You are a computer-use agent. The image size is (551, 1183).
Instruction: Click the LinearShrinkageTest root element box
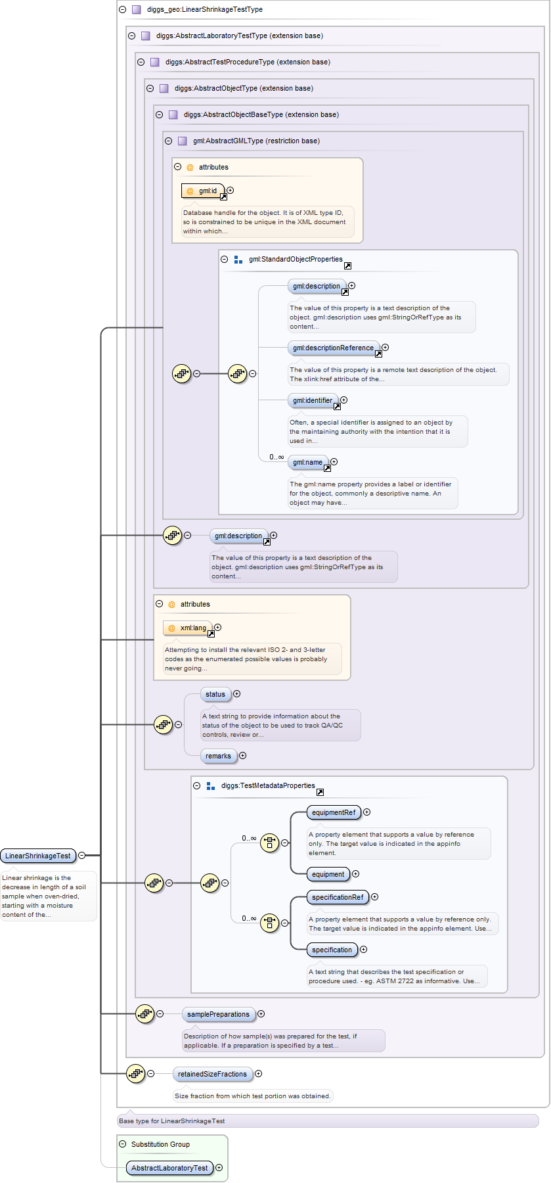coord(38,856)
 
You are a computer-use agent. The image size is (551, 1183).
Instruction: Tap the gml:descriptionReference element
coord(333,348)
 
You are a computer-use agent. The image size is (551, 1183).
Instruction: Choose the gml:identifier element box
coord(313,400)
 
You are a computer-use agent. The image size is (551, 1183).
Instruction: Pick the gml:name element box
coord(307,462)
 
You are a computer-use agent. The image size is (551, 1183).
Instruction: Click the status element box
coord(215,694)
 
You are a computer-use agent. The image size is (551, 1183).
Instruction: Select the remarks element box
coord(218,756)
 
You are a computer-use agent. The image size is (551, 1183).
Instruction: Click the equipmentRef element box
coord(334,812)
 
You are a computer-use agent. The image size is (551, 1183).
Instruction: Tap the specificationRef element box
coord(338,897)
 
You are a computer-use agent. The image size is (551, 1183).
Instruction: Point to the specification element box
coord(332,950)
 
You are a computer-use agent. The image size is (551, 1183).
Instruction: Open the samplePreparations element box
coord(218,1014)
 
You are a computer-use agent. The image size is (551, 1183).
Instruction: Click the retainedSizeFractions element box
coord(212,1074)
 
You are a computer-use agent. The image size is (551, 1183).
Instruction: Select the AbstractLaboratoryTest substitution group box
coord(169,1168)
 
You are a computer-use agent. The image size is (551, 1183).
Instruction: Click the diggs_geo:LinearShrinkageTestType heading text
coord(205,10)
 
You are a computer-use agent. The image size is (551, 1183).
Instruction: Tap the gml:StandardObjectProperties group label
coord(296,260)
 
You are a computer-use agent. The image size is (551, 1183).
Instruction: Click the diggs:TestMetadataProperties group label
coord(268,786)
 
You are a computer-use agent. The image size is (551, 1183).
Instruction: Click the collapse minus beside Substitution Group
coord(123,1144)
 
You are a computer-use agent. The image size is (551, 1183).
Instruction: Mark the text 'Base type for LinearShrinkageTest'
coord(172,1121)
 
